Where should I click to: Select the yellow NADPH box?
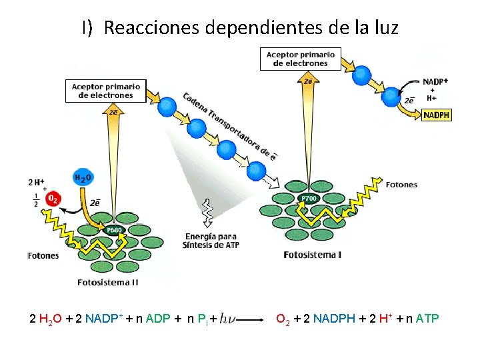pyautogui.click(x=437, y=115)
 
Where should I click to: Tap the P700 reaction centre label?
pyautogui.click(x=309, y=199)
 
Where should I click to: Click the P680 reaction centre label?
pyautogui.click(x=114, y=229)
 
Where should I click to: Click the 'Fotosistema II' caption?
pyautogui.click(x=108, y=282)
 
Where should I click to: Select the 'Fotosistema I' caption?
pyautogui.click(x=312, y=255)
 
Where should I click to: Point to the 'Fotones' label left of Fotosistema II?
pyautogui.click(x=43, y=255)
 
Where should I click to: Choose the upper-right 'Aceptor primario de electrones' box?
pyautogui.click(x=300, y=59)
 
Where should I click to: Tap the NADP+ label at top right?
pyautogui.click(x=435, y=81)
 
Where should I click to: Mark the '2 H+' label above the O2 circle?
pyautogui.click(x=36, y=182)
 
